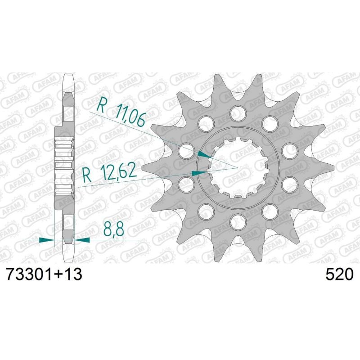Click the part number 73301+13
pos(44,274)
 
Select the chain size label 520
pos(340,274)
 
